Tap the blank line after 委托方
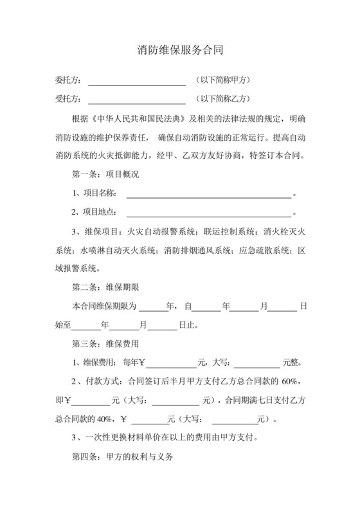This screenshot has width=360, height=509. coord(136,82)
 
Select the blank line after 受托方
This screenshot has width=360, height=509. coord(136,100)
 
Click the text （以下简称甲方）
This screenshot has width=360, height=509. coord(222,80)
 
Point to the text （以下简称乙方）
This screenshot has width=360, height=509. coord(222,99)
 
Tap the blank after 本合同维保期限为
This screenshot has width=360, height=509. coord(152,307)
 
